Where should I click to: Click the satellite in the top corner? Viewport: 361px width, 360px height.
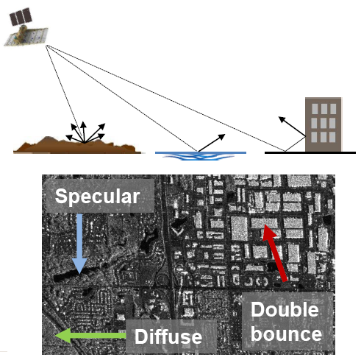point(26,27)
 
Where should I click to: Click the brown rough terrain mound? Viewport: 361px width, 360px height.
point(76,147)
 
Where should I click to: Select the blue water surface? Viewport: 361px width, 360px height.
point(201,155)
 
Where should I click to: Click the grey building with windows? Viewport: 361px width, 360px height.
point(324,124)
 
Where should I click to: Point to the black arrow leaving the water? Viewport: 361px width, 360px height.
point(211,143)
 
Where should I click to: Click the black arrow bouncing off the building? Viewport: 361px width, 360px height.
point(292,127)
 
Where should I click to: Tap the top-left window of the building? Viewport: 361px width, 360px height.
point(315,108)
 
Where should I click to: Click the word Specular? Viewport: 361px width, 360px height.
point(97,197)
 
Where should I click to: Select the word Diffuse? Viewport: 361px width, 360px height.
point(168,336)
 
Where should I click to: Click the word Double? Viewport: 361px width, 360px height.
point(285,310)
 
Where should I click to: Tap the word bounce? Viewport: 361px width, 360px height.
point(286,334)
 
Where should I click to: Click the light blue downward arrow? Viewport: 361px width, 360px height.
point(79,244)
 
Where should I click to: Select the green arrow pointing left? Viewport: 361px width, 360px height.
point(90,336)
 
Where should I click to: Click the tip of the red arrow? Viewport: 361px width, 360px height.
point(265,225)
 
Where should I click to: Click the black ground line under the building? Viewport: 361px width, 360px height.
point(310,152)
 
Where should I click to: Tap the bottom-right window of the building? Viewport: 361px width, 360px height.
point(332,137)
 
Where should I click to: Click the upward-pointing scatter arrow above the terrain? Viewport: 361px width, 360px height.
point(84,132)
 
